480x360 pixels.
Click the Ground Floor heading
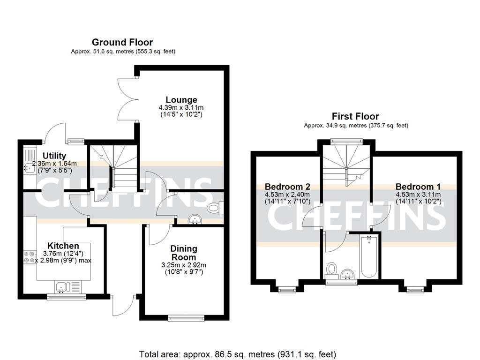pos(122,43)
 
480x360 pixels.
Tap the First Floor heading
pos(355,116)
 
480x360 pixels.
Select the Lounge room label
pos(181,99)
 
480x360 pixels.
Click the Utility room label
pos(54,156)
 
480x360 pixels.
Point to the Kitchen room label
pos(63,246)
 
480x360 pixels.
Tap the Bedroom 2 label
pos(287,186)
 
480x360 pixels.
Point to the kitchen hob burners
pos(29,257)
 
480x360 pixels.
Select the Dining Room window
pos(187,319)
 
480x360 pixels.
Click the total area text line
pos(238,354)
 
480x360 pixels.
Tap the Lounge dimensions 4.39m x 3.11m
pos(181,107)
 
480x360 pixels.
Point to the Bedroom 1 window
pos(414,290)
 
